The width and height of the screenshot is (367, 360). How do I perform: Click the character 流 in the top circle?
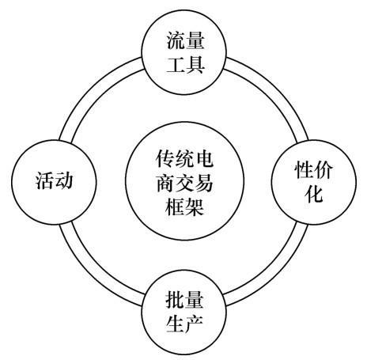tap(175, 40)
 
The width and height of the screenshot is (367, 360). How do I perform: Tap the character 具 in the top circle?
tap(195, 64)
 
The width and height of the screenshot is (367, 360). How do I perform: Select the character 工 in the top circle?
tap(175, 65)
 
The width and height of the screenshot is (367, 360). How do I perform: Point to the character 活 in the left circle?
tap(44, 180)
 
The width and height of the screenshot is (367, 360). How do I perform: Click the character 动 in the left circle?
tap(63, 180)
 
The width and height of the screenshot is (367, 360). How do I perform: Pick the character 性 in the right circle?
tap(303, 169)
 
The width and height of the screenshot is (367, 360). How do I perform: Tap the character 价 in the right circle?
tap(323, 169)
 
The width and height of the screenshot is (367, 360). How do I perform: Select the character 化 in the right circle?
tap(313, 193)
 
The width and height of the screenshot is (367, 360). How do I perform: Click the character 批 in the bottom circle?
tap(174, 300)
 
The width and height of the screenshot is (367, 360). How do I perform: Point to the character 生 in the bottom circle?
tap(174, 324)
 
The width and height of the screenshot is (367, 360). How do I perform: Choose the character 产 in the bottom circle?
tap(195, 324)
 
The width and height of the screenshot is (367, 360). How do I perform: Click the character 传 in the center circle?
tap(165, 158)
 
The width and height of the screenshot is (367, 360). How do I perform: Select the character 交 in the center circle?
tap(184, 183)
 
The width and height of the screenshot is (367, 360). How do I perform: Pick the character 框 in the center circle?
tap(174, 206)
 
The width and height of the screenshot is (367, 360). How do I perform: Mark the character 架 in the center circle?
tap(195, 206)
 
